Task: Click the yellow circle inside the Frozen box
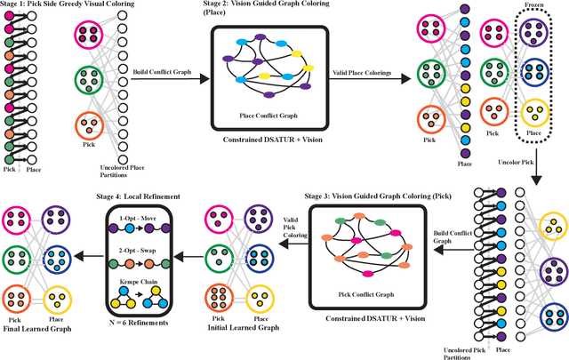pyautogui.click(x=535, y=113)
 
